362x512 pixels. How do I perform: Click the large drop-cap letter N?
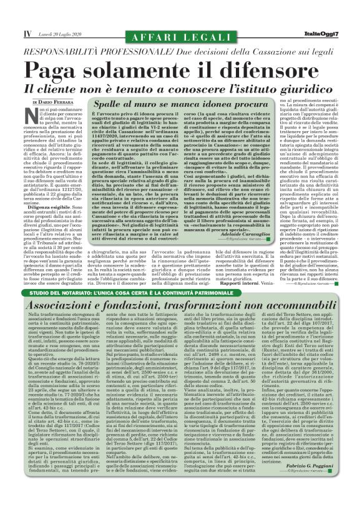[36, 116]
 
